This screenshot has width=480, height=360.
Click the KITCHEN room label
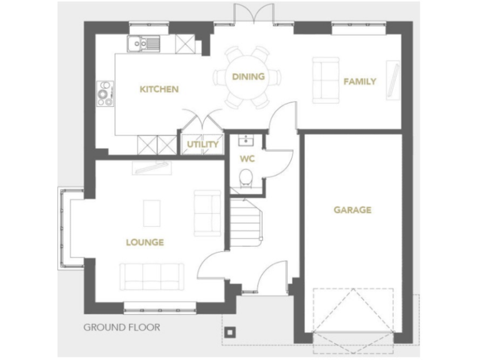coord(159,89)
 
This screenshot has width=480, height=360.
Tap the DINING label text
coord(248,77)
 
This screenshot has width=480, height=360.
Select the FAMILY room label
coord(359,81)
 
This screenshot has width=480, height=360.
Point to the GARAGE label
coord(352,210)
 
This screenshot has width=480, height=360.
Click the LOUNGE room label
coord(144,242)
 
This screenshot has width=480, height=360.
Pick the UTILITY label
coord(202,145)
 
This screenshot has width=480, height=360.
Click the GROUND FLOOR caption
coord(122,327)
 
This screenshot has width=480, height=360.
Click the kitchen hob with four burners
coord(104,94)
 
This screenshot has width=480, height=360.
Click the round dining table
coord(246,77)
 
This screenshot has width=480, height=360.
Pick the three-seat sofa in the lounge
coord(151,275)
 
